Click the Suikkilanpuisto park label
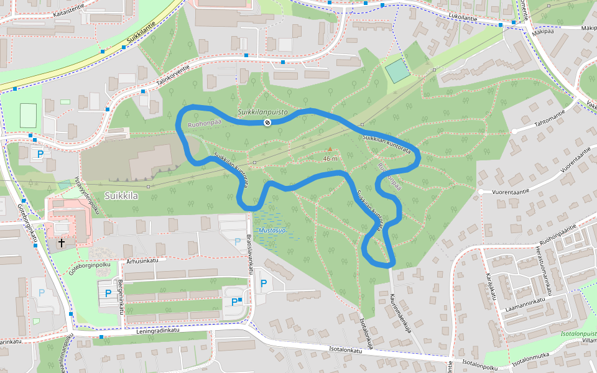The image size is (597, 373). point(262,112)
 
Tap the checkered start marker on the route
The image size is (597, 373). point(267,122)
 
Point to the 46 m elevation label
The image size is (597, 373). point(330,159)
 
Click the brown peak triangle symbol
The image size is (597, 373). point(330,149)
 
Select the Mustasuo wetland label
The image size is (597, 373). point(272,231)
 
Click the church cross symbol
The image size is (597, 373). point(62,242)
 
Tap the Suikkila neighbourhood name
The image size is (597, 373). point(121,195)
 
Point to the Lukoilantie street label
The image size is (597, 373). point(461,19)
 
